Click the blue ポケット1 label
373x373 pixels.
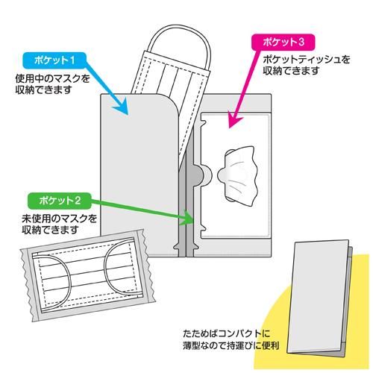pos(54,60)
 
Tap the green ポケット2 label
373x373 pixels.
pos(60,201)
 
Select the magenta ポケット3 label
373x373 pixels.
pos(283,42)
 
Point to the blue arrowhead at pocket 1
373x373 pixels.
pos(120,106)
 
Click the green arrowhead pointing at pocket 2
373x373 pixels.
pos(186,218)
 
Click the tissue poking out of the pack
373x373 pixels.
pos(237,175)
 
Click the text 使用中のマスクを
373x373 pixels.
pos(52,79)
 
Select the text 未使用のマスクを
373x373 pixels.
pos(59,219)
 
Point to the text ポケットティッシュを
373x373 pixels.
pos(307,60)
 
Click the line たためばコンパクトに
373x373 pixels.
pos(226,333)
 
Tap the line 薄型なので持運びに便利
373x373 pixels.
pos(231,345)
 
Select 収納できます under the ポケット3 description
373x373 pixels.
pos(291,71)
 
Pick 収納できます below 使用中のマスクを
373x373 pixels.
pos(43,90)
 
